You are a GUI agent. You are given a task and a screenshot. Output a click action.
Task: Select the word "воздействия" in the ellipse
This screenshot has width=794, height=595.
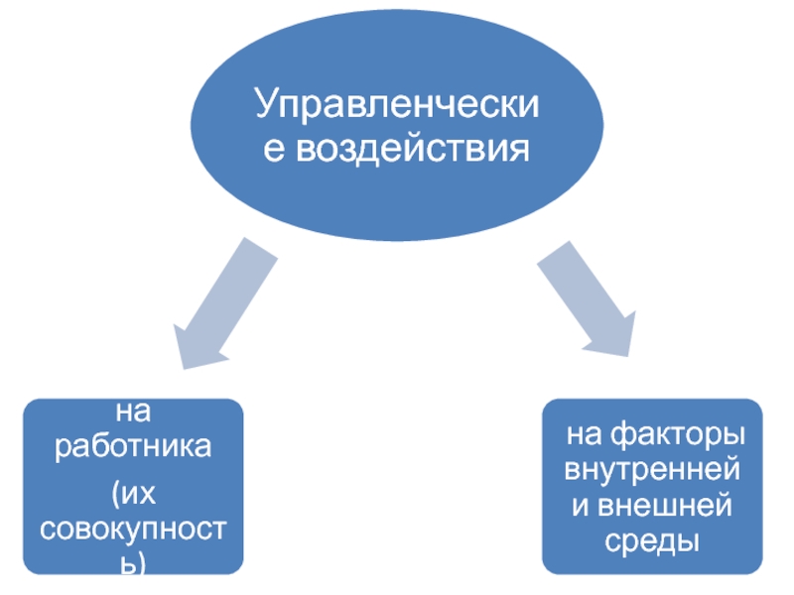(x=413, y=150)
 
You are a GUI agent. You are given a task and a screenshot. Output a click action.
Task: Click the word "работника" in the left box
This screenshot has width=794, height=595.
(x=133, y=445)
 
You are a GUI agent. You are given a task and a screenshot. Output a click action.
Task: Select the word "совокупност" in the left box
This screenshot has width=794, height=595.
(x=133, y=527)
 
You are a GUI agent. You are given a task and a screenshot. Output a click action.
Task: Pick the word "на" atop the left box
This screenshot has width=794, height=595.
(x=133, y=408)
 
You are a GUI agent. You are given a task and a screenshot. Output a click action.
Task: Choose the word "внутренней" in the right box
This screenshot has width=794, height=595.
(x=652, y=470)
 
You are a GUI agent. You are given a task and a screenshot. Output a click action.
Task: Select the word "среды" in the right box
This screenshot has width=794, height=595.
(x=652, y=541)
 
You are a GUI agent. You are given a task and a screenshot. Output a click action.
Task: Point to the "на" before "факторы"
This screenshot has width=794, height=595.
(x=584, y=435)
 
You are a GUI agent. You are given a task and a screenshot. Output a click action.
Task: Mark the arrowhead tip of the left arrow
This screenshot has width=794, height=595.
(x=179, y=365)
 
